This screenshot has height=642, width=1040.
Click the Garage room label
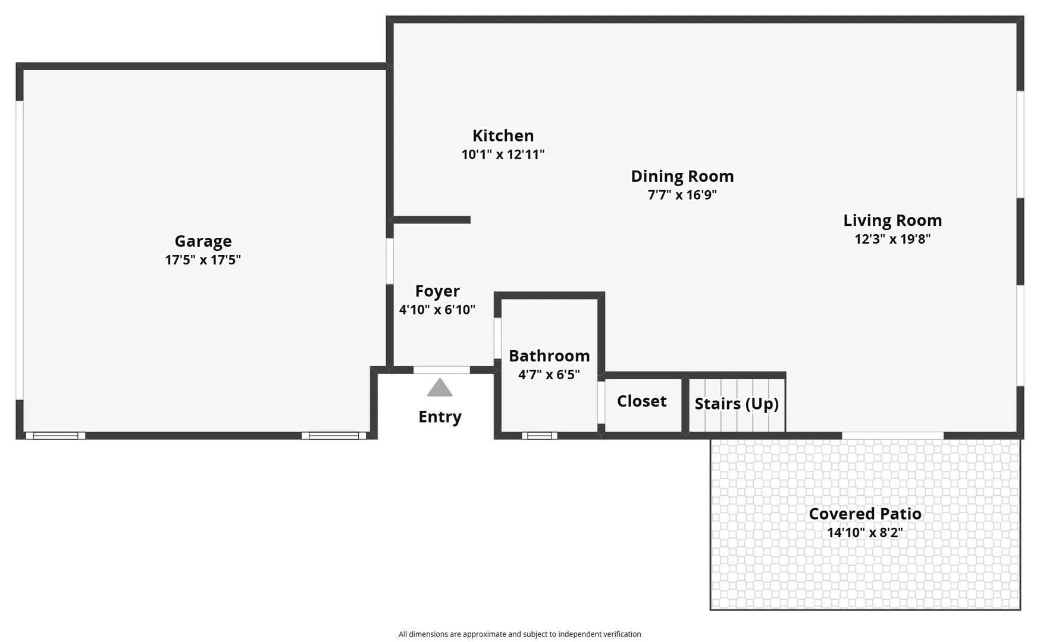[x=203, y=241]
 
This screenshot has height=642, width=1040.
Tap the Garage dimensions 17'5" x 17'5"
[x=203, y=260]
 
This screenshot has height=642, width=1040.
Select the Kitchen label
[x=503, y=136]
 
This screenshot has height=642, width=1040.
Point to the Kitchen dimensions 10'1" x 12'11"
[x=503, y=155]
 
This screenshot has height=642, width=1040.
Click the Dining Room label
[x=682, y=177]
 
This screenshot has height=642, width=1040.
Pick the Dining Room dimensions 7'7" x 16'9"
[x=682, y=195]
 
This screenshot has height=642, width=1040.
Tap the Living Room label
[x=892, y=221]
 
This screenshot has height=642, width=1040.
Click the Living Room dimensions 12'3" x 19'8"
[x=892, y=239]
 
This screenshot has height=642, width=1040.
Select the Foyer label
[x=437, y=291]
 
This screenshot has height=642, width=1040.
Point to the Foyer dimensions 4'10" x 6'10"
[x=437, y=310]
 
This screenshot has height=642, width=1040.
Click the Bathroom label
[x=549, y=356]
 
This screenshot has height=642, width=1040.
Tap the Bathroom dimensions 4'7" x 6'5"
[x=549, y=374]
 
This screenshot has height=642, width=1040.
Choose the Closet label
[x=641, y=401]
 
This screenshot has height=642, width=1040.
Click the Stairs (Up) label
[x=737, y=404]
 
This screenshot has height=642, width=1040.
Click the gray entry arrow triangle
[x=440, y=388]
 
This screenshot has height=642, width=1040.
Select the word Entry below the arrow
[x=440, y=417]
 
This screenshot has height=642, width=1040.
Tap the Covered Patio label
[x=865, y=514]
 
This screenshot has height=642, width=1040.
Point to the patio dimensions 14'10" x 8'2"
[x=865, y=533]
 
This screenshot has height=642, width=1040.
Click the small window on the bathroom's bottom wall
[x=540, y=436]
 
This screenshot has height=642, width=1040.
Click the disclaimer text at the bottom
[x=520, y=634]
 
